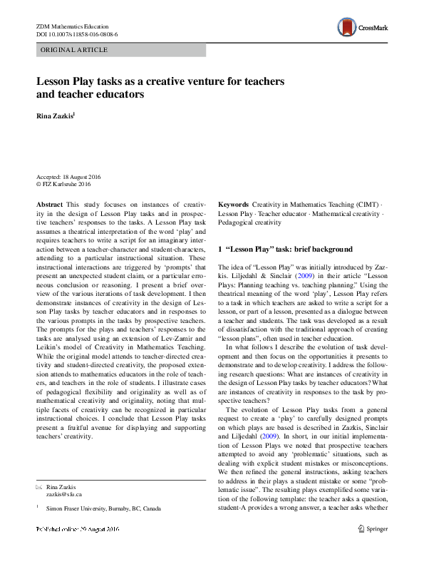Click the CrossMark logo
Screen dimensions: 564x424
point(364,29)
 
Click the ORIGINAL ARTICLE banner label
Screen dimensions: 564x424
point(75,50)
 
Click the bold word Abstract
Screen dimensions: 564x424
point(49,204)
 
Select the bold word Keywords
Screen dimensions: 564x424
point(233,204)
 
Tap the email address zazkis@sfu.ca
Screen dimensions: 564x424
point(65,493)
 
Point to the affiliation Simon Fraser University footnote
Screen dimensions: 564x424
point(103,508)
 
